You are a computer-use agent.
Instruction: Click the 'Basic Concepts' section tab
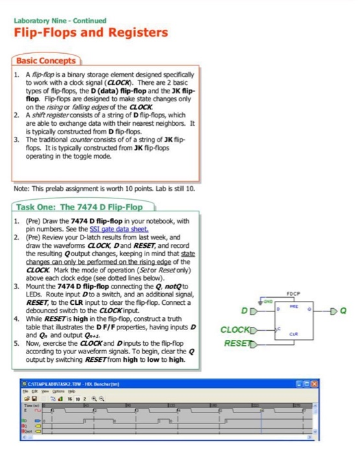point(46,62)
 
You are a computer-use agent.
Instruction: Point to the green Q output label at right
point(344,310)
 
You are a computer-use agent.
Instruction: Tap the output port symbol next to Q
point(333,310)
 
